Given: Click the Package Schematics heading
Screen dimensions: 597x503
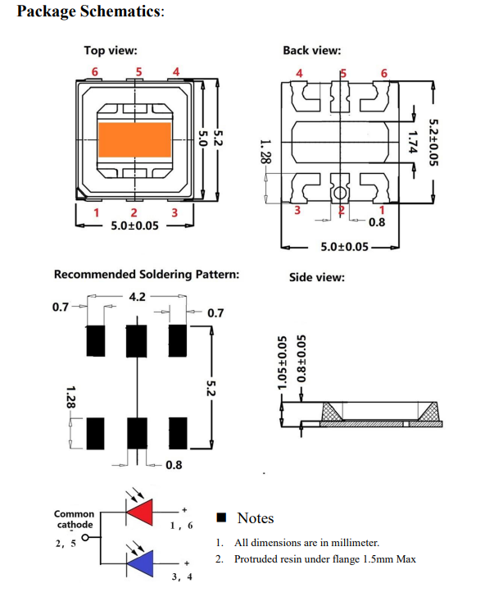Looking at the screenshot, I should (91, 12).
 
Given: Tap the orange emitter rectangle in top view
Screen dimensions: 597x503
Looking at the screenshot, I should (135, 139).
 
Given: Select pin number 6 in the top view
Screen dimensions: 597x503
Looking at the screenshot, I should (94, 71).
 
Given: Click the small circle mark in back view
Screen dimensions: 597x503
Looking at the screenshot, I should (338, 194).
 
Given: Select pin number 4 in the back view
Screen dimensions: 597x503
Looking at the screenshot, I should (299, 73).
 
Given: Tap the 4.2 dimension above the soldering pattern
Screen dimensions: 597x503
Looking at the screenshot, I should (137, 296).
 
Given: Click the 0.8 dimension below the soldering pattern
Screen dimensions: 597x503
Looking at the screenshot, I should (174, 465).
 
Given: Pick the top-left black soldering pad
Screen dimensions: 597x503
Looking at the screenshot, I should (96, 339).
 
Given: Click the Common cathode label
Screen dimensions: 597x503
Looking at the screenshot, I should (74, 519).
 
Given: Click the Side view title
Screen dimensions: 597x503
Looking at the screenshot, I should (316, 277).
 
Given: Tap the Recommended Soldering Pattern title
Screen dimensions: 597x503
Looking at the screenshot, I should (147, 274).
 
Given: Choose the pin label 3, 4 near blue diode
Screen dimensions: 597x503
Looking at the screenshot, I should (181, 576).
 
